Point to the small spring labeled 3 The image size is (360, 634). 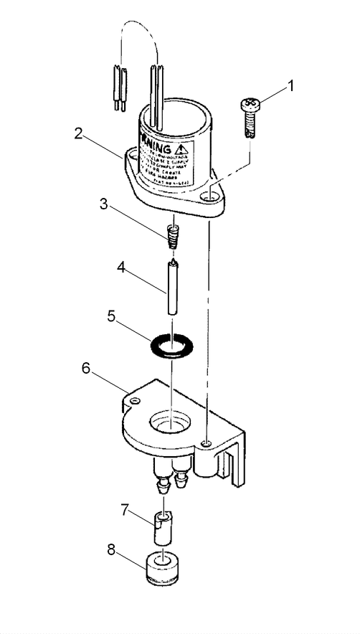click(x=171, y=235)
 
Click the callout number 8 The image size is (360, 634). click(x=110, y=552)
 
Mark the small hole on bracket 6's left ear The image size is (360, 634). click(x=132, y=399)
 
